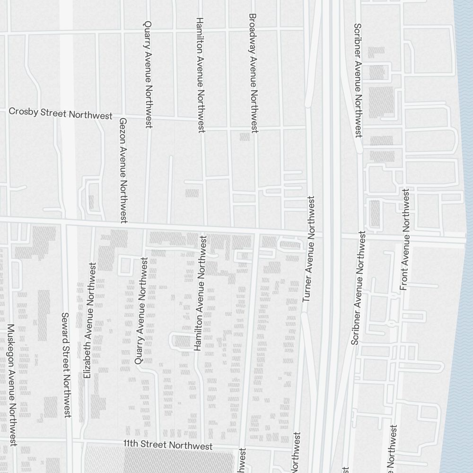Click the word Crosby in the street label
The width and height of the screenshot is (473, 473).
click(22, 112)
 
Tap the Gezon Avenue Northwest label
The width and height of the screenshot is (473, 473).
click(123, 170)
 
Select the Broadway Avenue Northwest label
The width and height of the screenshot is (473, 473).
click(253, 72)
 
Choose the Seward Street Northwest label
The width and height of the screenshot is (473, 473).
click(66, 365)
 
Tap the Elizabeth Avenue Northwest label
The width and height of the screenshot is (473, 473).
click(89, 320)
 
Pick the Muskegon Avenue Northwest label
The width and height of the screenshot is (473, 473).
click(12, 385)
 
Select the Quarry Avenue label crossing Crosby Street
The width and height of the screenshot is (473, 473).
click(148, 74)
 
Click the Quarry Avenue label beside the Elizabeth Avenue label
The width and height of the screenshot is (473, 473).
click(141, 310)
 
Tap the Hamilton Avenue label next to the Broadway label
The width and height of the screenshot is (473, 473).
click(200, 75)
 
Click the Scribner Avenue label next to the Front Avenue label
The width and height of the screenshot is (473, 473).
click(358, 288)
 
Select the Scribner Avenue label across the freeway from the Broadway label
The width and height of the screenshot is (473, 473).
click(358, 80)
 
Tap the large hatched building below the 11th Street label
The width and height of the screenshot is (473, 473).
click(180, 461)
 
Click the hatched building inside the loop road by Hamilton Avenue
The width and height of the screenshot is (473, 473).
click(182, 341)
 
